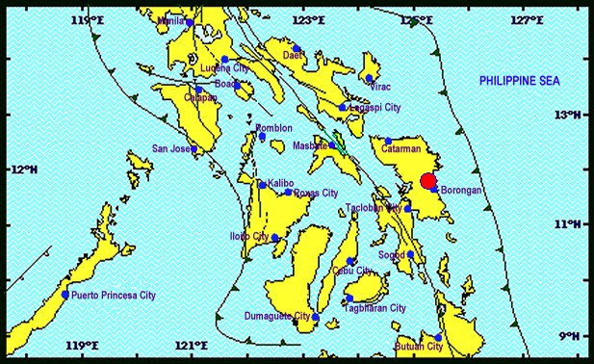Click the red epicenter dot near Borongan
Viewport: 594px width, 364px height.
pos(428,181)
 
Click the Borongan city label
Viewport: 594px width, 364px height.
pos(462,191)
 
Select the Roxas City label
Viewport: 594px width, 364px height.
pos(315,193)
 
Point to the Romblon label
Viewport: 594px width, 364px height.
pos(273,128)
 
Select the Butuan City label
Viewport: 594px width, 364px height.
pos(418,346)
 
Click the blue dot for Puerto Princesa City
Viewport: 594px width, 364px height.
pos(65,295)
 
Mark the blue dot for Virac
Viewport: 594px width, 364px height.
pos(369,79)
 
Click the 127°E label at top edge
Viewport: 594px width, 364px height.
pos(523,20)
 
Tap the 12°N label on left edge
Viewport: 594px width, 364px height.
pos(23,170)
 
